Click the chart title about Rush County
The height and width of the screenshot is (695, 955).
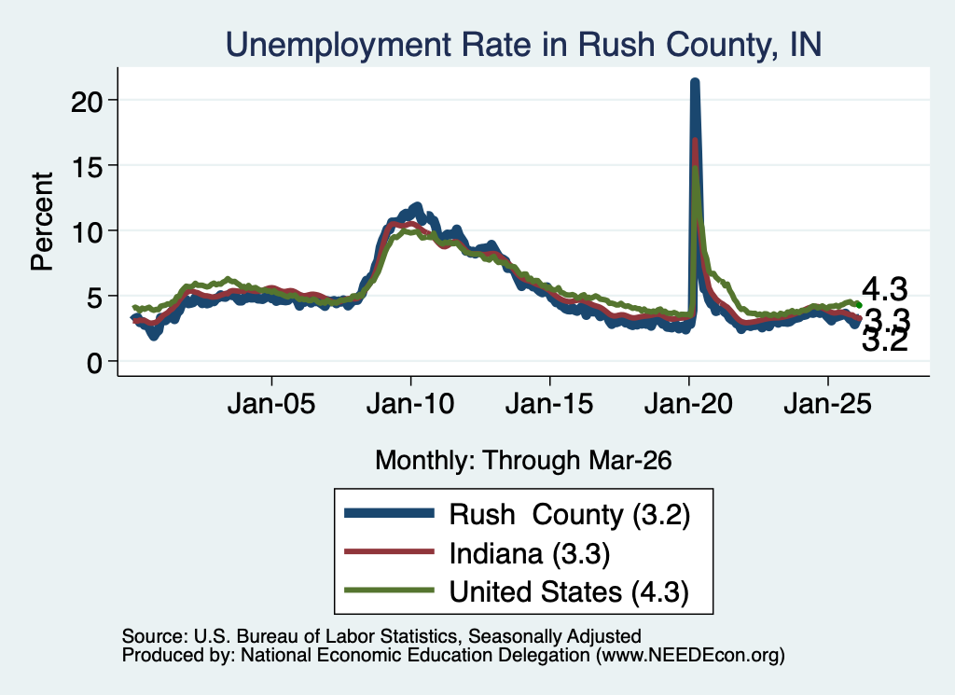coord(524,45)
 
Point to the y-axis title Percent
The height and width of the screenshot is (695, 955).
coord(42,221)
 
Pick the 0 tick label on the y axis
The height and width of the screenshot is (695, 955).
coord(94,363)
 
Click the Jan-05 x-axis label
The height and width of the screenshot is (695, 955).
coord(271,403)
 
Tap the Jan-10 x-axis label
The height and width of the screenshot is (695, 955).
coord(410,403)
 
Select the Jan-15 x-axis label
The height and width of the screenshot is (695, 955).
coord(549,403)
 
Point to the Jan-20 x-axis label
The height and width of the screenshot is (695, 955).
coord(689,403)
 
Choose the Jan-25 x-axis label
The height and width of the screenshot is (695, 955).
coord(828,403)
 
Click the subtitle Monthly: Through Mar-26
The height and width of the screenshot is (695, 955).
coord(523,460)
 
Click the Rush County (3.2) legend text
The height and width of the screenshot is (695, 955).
coord(570,515)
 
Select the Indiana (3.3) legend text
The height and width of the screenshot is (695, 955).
coord(530,554)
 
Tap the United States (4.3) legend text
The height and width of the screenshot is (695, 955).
coord(570,592)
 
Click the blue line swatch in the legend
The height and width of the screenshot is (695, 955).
coord(389,513)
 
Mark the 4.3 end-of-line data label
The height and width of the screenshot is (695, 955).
coord(885,288)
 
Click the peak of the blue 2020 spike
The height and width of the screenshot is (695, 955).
coord(694,81)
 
